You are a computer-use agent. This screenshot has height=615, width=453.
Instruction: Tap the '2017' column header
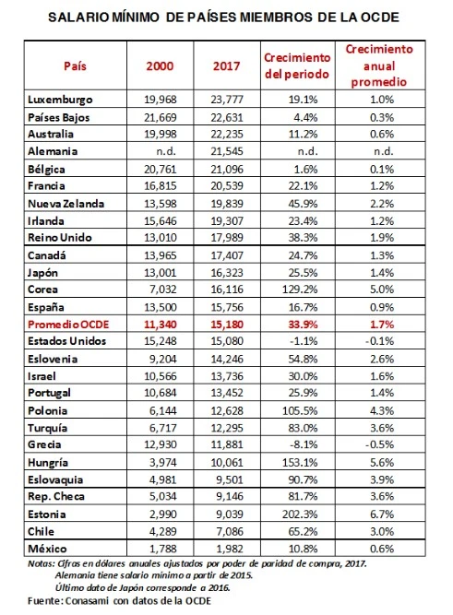tap(227, 65)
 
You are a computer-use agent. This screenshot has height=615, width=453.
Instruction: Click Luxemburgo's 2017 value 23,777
tap(227, 99)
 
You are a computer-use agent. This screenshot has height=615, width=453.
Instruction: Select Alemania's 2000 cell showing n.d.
tap(162, 149)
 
